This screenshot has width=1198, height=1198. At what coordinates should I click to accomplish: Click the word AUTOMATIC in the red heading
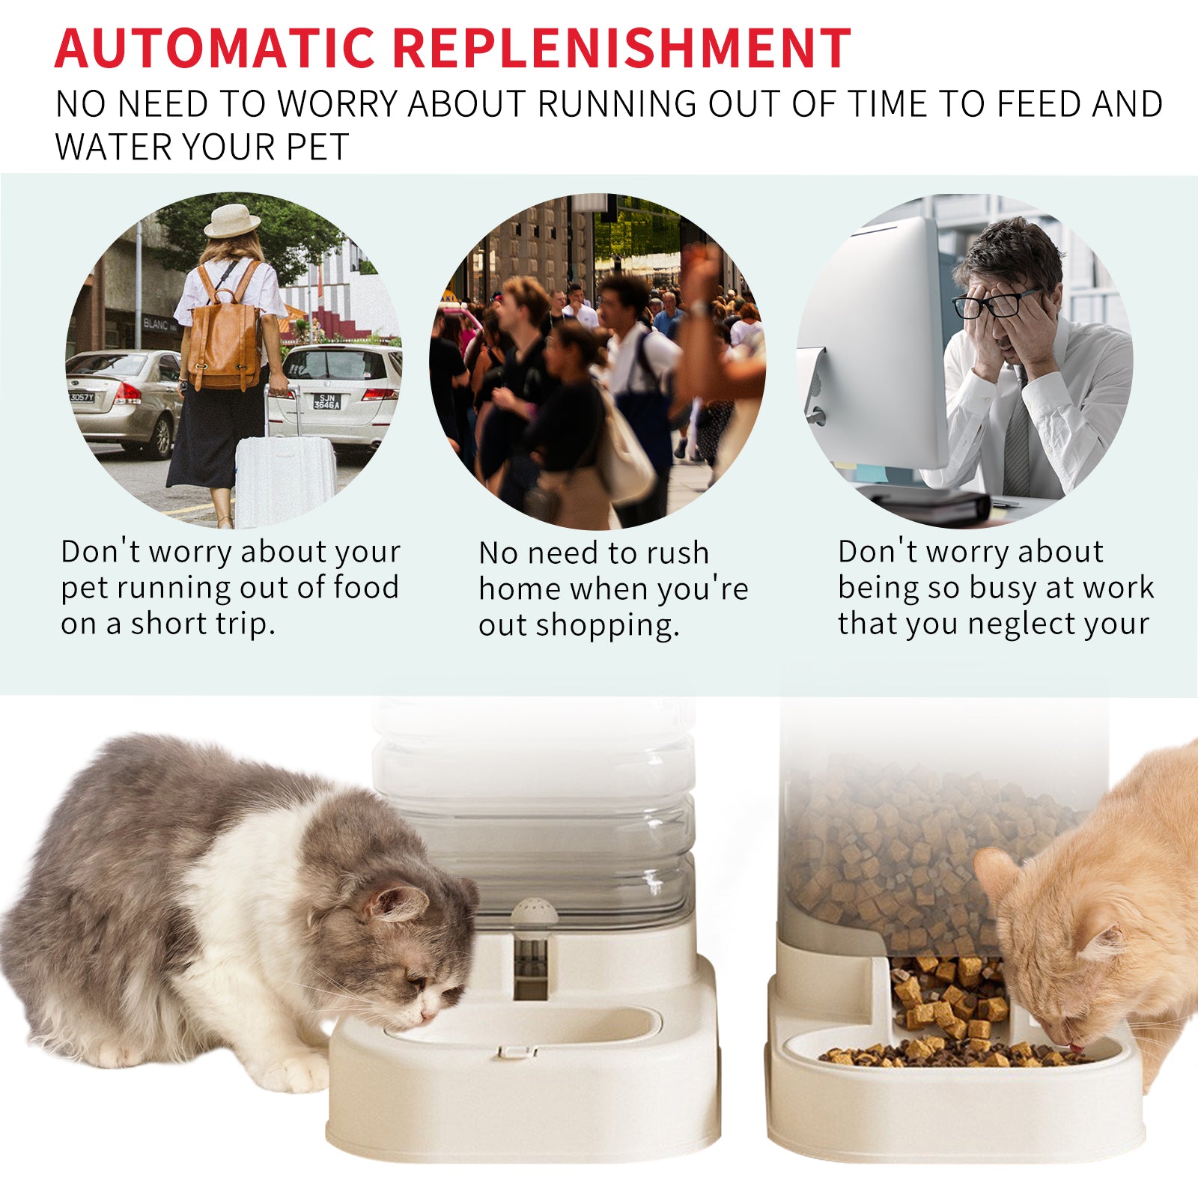coord(215,49)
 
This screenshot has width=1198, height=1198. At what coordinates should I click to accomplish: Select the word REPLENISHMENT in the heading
coord(621,49)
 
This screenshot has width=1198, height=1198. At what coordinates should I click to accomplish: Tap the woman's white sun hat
coord(232,221)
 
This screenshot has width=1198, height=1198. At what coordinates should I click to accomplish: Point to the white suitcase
coord(285,479)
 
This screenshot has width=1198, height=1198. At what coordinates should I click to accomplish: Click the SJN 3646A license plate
coord(326,401)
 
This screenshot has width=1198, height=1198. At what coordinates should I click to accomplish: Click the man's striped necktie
coord(1017,442)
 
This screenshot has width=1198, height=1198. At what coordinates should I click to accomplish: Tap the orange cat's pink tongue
coord(1075,1047)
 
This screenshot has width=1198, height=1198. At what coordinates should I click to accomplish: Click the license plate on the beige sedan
coord(82,397)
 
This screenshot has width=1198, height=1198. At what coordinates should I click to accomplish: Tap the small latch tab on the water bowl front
coord(517,1052)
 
